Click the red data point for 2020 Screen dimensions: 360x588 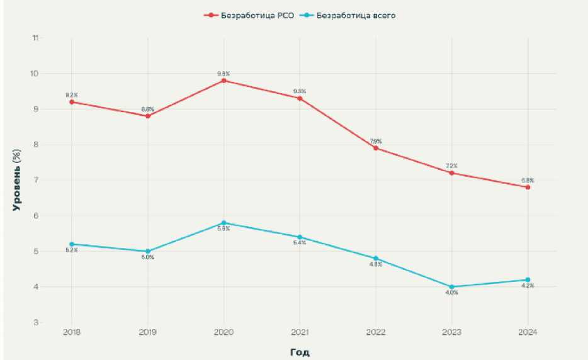tap(223, 81)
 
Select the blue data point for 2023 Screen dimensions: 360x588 tap(452, 287)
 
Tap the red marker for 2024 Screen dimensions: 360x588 tap(528, 187)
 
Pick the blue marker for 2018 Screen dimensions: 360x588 tap(72, 244)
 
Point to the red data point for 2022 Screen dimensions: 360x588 tap(376, 148)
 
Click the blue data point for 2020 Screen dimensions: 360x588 tap(223, 223)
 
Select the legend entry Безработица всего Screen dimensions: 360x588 tap(356, 14)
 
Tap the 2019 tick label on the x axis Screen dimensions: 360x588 tap(148, 332)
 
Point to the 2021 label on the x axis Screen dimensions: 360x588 tap(300, 332)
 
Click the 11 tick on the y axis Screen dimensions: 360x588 tap(35, 38)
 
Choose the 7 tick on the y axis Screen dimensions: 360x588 tap(37, 181)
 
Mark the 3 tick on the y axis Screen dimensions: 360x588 tap(37, 323)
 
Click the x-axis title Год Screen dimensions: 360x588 tap(300, 352)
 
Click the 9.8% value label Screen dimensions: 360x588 tap(223, 73)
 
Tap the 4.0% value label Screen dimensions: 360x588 tap(452, 293)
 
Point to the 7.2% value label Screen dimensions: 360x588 tap(452, 166)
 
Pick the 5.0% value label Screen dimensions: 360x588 tap(148, 257)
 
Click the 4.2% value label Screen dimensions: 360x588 tap(528, 286)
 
